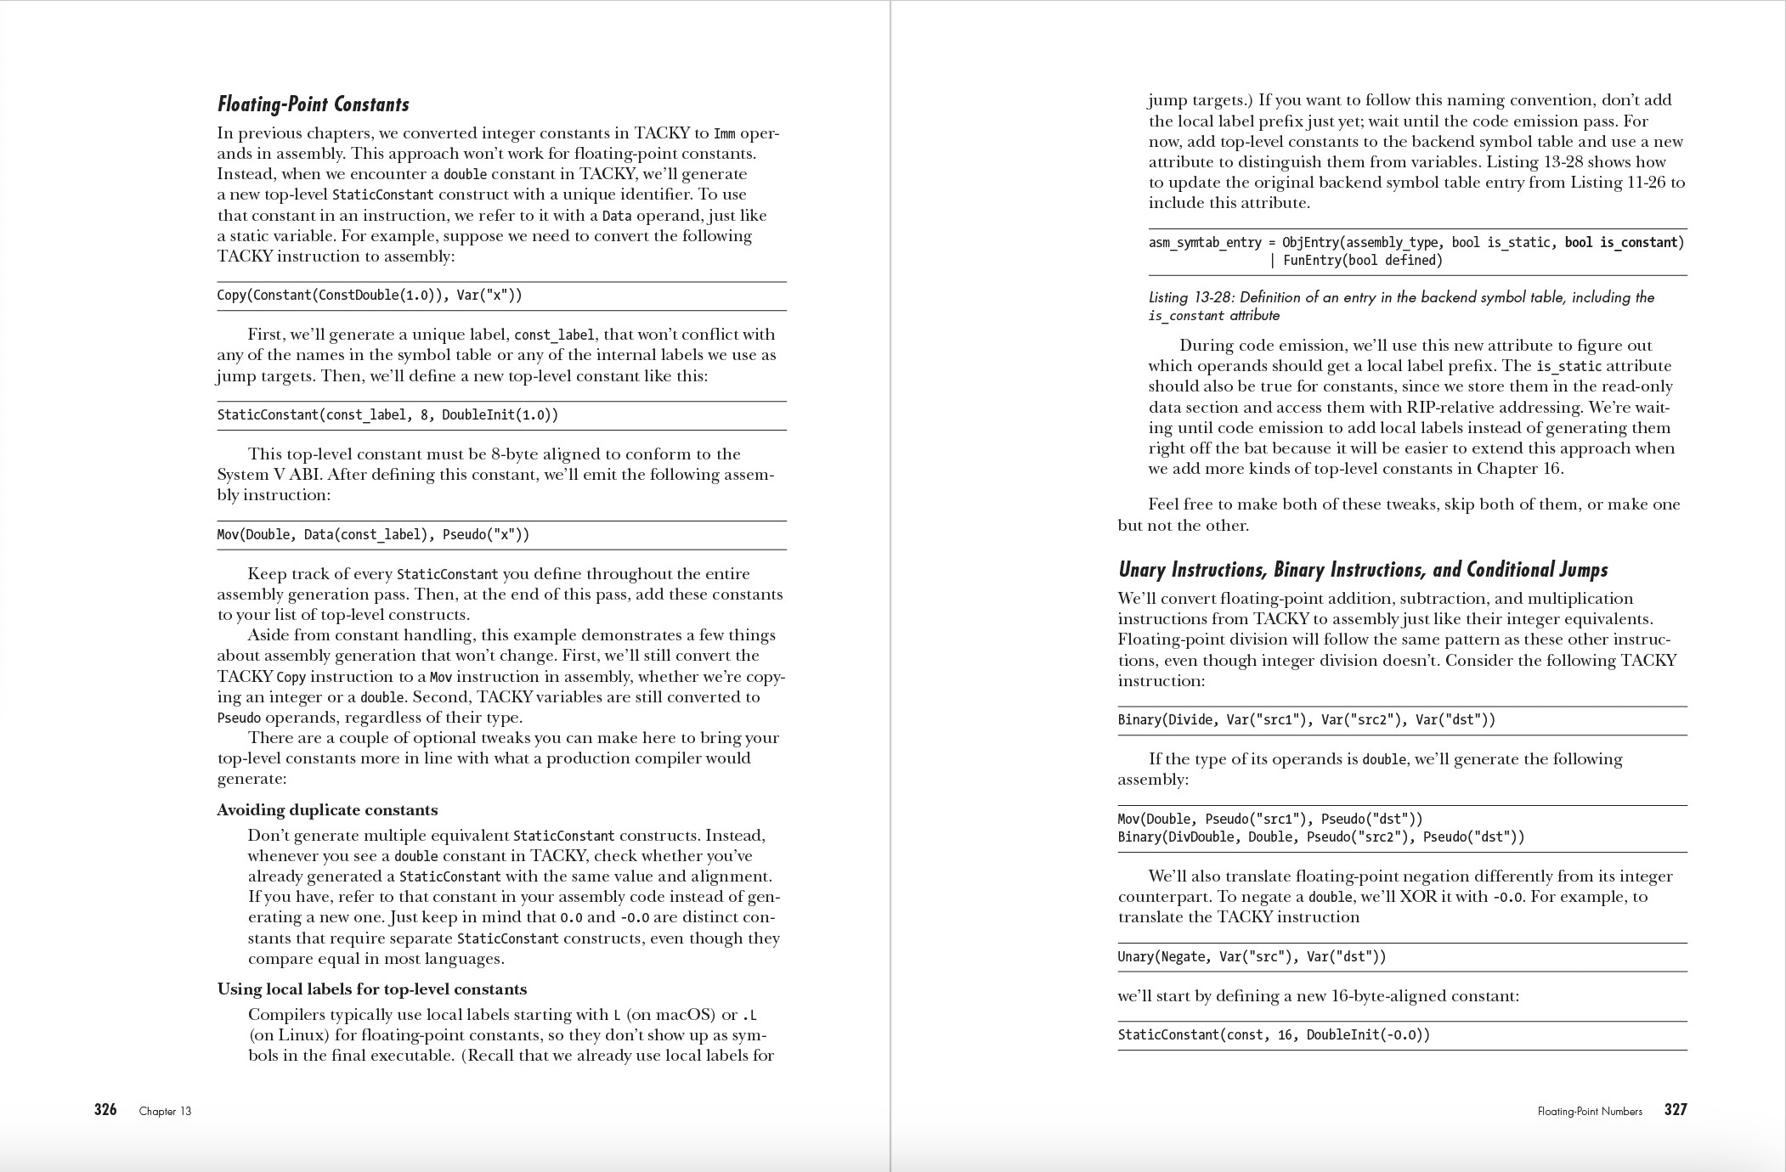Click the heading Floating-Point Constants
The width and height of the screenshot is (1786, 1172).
click(313, 104)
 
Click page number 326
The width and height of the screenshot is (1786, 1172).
click(105, 1110)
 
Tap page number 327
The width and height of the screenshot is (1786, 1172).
click(1676, 1110)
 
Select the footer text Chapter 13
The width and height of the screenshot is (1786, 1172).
click(165, 1111)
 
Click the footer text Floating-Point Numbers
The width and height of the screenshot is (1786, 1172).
click(1590, 1111)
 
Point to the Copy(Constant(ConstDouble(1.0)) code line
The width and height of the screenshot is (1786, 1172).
click(370, 296)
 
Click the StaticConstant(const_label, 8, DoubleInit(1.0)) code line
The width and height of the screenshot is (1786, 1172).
click(387, 415)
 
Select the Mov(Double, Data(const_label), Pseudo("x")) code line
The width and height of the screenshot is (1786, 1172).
click(373, 535)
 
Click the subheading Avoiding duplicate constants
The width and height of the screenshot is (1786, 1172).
click(327, 809)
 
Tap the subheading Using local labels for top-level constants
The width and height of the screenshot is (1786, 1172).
click(372, 989)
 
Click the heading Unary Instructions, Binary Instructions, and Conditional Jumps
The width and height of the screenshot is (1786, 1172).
click(1363, 569)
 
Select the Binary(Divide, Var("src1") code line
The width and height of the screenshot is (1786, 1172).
click(1306, 720)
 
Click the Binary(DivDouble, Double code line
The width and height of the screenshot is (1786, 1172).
click(1320, 837)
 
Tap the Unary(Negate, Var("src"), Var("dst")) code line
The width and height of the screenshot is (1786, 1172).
click(1252, 957)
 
